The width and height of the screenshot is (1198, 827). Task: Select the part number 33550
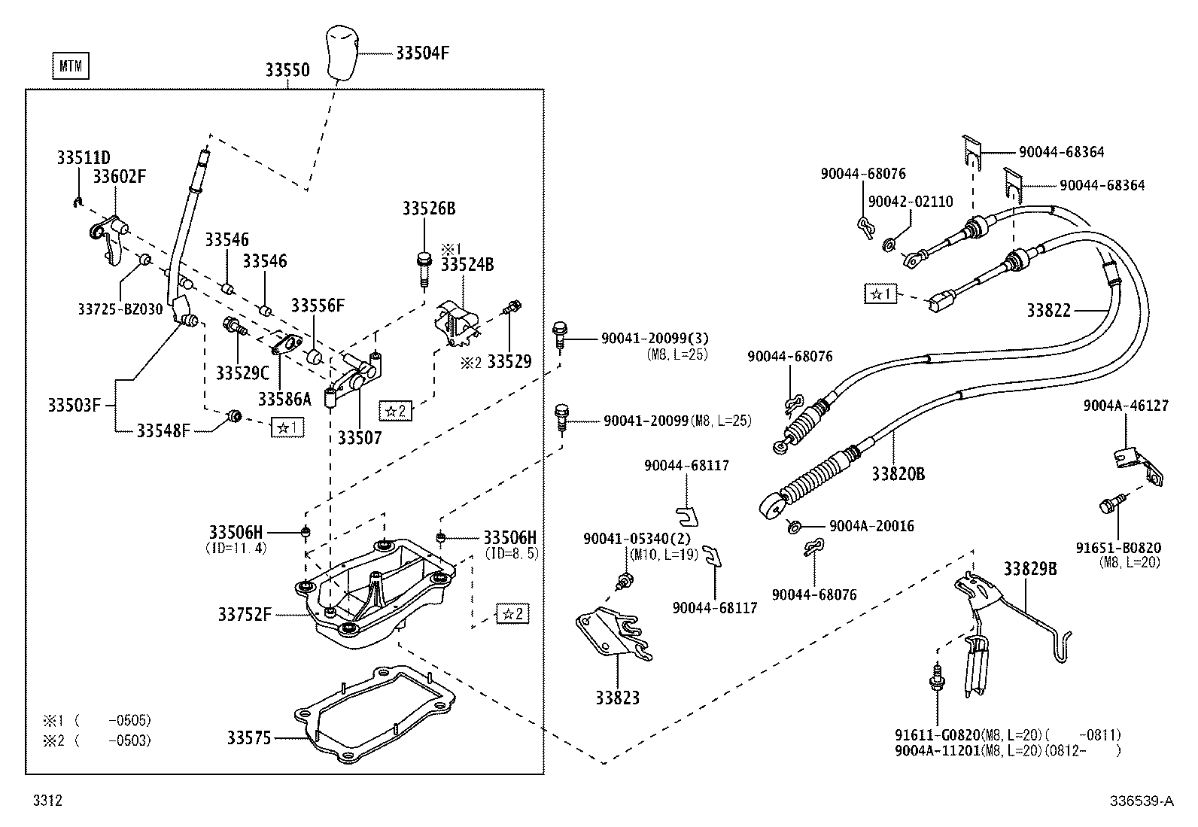287,70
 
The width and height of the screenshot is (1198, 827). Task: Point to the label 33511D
83,158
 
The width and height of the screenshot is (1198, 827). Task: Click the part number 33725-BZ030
120,309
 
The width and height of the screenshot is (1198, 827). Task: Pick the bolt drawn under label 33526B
424,269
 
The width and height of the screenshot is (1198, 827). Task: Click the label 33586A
284,398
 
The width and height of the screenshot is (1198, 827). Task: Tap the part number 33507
359,437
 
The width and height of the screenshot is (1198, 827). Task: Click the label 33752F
244,615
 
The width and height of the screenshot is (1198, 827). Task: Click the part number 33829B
1029,569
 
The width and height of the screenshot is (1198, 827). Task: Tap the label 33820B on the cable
898,473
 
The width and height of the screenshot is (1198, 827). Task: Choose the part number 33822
1048,310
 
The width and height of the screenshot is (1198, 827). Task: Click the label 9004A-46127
1126,406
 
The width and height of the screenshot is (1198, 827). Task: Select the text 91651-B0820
1117,548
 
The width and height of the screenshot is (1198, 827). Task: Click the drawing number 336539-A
1141,801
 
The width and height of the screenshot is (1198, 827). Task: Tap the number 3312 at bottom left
47,801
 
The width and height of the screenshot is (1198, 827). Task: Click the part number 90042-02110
910,202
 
